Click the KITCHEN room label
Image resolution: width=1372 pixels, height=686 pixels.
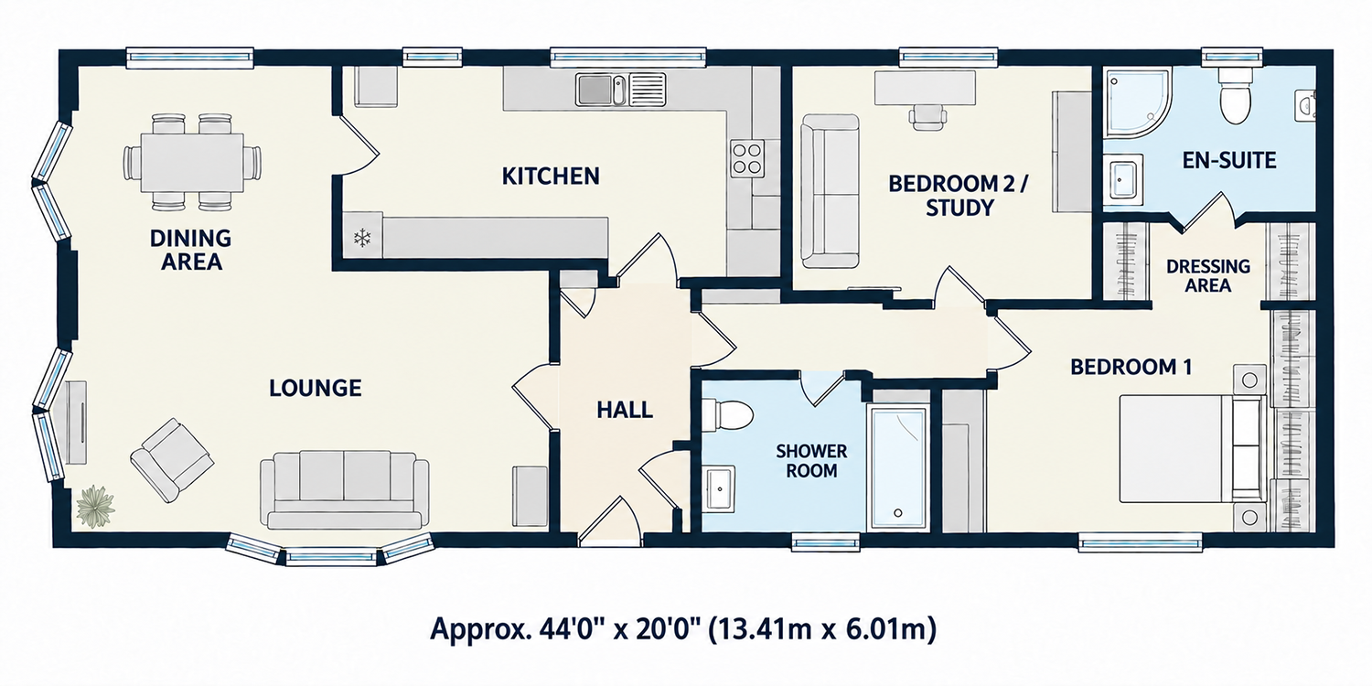[551, 177]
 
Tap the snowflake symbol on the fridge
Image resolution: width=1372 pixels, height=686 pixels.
[362, 238]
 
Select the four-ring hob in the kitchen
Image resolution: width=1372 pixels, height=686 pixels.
[747, 158]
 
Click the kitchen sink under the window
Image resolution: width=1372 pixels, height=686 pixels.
[620, 90]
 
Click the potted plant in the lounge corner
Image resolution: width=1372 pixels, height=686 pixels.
[95, 506]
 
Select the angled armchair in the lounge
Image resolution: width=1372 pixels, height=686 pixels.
[172, 460]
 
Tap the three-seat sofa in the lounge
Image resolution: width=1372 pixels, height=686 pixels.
[345, 490]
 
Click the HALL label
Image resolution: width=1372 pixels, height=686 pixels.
[625, 410]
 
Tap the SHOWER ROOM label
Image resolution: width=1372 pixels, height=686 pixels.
[811, 461]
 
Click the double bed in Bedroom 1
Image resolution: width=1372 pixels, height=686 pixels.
[1192, 449]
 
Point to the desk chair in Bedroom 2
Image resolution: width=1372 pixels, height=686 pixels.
[928, 117]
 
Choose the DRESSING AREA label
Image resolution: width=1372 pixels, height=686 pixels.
[1208, 275]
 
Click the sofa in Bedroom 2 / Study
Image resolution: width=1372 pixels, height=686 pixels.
[831, 191]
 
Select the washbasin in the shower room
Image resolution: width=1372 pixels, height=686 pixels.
[718, 488]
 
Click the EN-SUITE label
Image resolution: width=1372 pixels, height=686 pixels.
[1229, 160]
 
